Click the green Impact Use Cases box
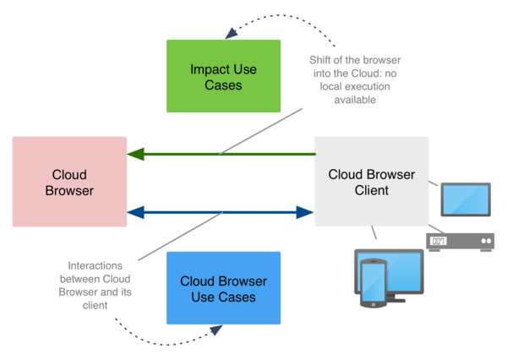coord(222,76)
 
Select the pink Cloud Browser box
coord(69,182)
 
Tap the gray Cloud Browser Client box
coord(370,183)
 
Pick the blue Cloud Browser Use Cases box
coord(223,288)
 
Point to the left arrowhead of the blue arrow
coord(134,212)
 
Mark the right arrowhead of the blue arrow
coord(308,212)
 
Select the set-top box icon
coord(459,243)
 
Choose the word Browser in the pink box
coord(69,191)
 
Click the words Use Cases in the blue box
coord(223,297)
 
